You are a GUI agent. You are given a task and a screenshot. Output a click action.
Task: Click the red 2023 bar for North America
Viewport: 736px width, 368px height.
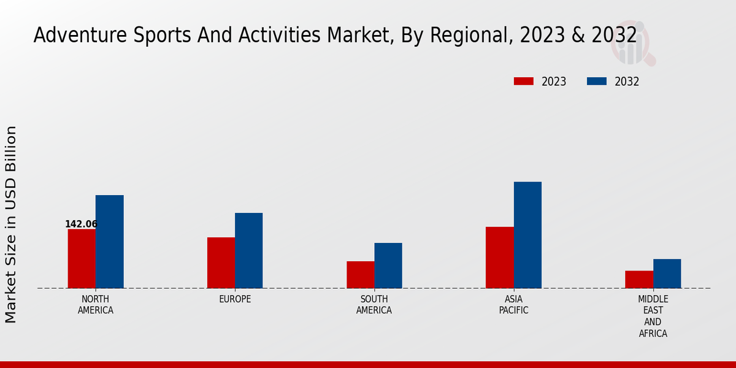coord(82,258)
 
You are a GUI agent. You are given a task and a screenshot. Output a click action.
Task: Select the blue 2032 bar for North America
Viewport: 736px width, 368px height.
coord(109,242)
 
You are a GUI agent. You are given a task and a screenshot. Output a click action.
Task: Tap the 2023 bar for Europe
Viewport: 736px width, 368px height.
coord(221,263)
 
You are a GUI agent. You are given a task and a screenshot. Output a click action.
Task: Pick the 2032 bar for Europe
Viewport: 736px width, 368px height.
coord(248,250)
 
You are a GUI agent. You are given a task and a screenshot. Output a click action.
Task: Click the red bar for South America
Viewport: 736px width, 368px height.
coord(360,275)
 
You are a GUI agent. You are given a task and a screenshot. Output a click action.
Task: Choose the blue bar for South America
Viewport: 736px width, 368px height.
coord(388,266)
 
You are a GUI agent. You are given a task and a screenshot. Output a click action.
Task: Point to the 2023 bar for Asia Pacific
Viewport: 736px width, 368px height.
coord(499,258)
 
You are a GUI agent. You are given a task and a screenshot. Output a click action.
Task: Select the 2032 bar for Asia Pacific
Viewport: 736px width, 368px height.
coord(527,235)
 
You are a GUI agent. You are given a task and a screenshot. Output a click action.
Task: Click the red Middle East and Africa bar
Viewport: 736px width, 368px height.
coord(639,279)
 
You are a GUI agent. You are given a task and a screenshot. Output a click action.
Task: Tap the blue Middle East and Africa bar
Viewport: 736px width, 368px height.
coord(667,274)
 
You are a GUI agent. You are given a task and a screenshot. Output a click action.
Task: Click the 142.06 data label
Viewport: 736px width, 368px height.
coord(81,224)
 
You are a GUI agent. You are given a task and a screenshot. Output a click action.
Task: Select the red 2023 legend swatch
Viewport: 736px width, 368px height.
coord(524,82)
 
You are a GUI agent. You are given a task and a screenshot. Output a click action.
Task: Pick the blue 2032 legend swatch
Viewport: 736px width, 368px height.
coord(597,82)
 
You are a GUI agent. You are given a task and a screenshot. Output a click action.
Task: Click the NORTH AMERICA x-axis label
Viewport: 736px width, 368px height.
coord(96,305)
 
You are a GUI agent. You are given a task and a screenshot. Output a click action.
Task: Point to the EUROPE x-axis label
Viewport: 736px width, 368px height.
coord(235,299)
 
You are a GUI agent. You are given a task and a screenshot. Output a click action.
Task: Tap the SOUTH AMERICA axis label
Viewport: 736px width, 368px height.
coord(374,305)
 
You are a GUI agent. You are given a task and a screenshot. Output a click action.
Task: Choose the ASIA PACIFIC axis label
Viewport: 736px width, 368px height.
coord(513,305)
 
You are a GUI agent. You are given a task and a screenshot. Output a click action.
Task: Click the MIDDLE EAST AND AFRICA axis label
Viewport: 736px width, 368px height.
coord(653,316)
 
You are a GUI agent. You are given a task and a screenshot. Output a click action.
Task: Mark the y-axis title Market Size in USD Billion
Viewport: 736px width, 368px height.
coord(11,224)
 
